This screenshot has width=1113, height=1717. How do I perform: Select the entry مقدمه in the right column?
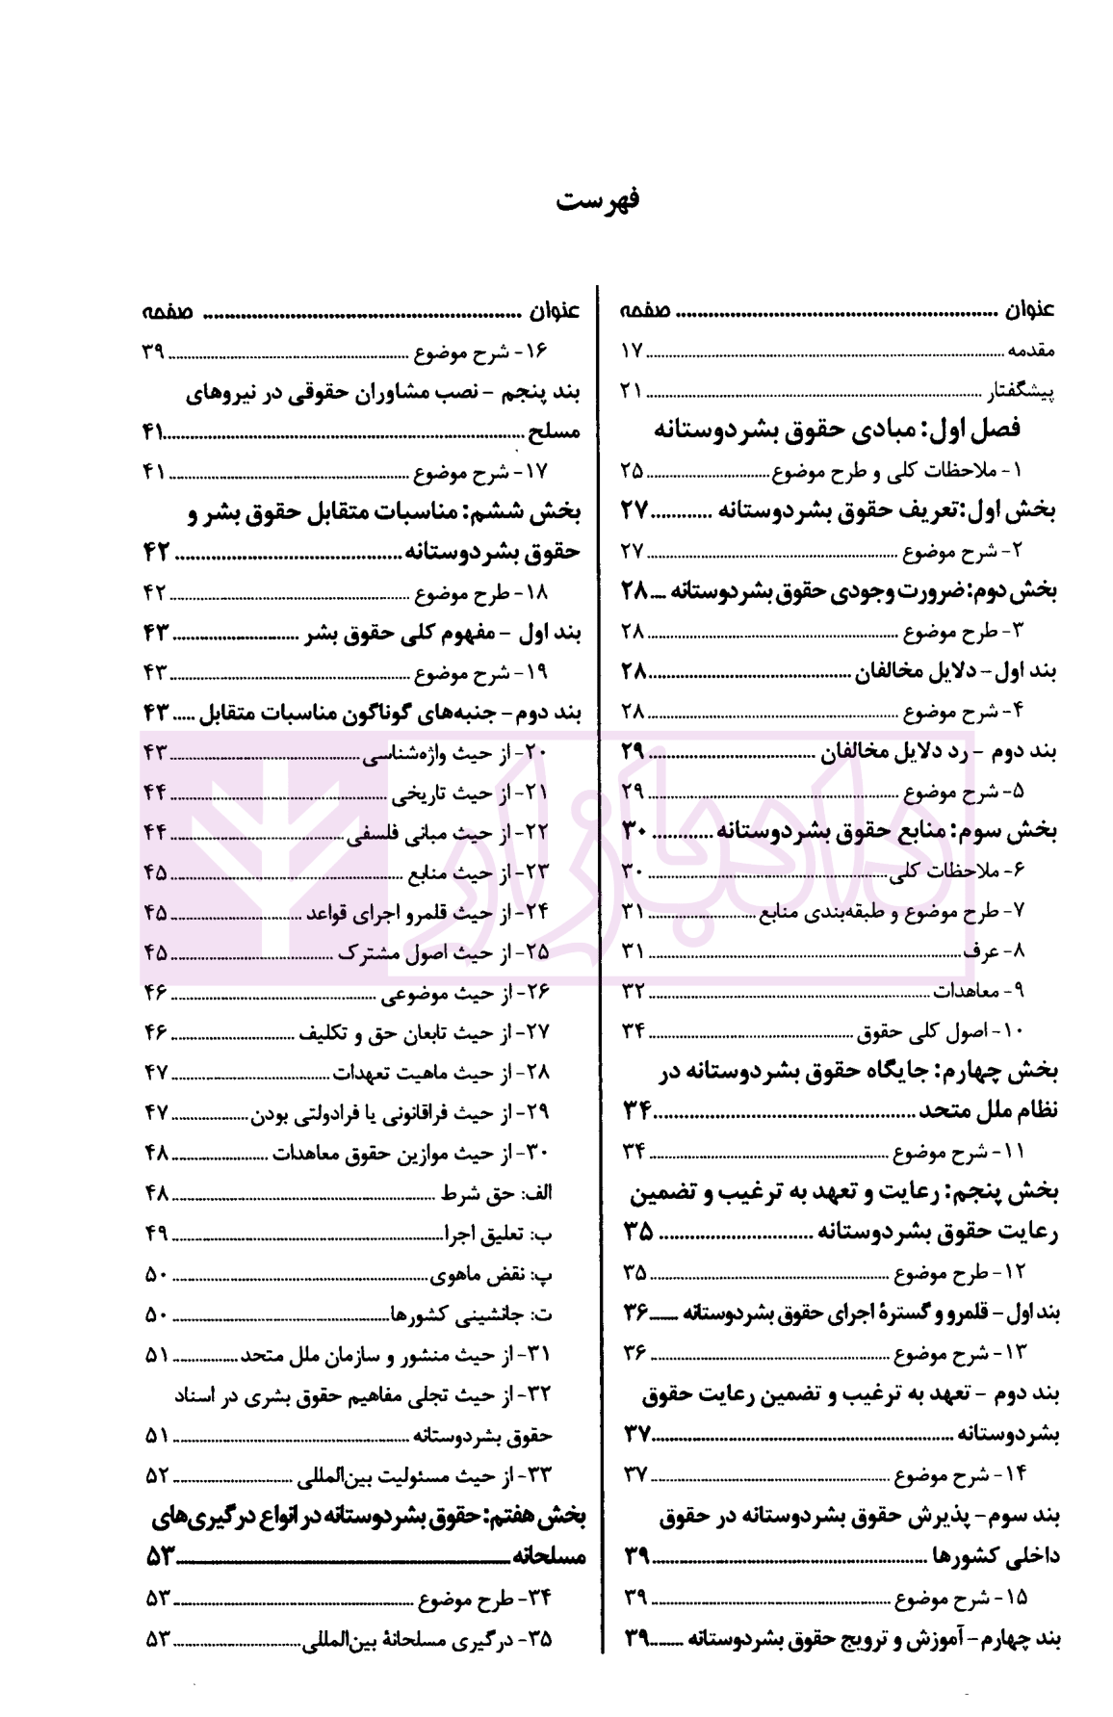[1031, 352]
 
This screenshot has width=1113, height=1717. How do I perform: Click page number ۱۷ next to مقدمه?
[632, 352]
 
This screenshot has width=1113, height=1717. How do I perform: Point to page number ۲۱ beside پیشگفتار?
[632, 393]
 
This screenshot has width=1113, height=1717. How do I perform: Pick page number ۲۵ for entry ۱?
[632, 471]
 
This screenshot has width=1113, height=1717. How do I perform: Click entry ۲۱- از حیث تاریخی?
[471, 793]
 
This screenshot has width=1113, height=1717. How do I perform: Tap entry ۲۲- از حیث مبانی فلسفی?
[455, 833]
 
